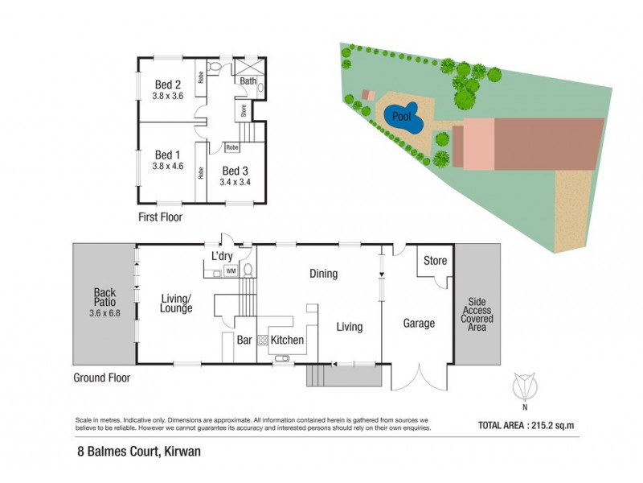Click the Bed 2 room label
point(167,85)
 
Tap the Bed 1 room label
point(167,155)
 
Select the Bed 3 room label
point(234,171)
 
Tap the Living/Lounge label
point(175,302)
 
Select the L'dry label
point(222,256)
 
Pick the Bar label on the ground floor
point(245,340)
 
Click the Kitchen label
point(287,340)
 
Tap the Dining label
point(323,274)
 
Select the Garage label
point(419,324)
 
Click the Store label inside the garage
point(435,260)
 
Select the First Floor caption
point(160,217)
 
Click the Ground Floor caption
point(101,376)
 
